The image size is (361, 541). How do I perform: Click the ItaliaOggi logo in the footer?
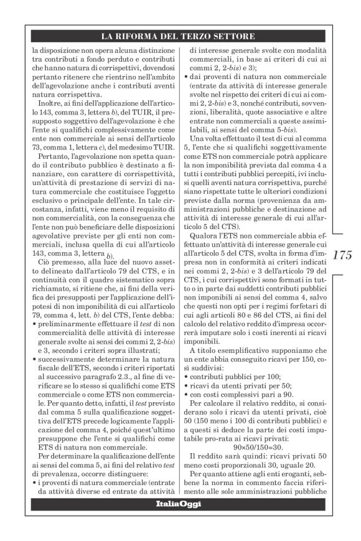(177, 504)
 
